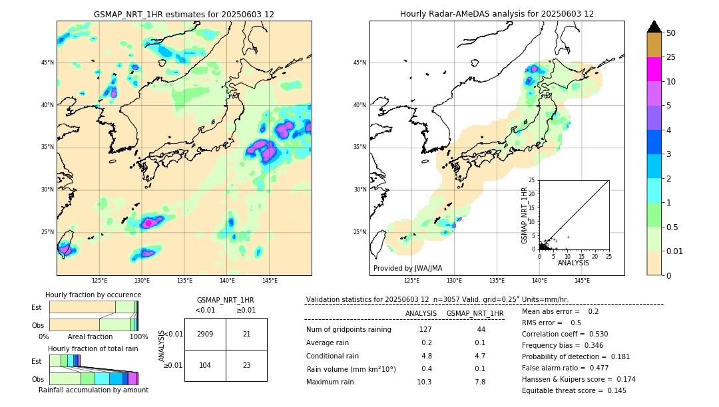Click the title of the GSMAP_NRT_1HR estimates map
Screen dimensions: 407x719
(x=184, y=14)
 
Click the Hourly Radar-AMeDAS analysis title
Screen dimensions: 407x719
(x=497, y=14)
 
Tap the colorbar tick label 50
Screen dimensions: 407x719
(x=671, y=33)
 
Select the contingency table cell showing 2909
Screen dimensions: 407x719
(x=205, y=334)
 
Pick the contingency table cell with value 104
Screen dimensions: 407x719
(x=205, y=365)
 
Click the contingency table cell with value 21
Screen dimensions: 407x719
(x=246, y=334)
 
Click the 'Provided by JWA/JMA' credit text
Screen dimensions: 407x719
(x=407, y=268)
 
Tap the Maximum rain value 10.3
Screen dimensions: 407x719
(x=424, y=382)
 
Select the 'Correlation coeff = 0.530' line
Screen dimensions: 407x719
(x=565, y=334)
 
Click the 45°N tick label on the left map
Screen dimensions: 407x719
(x=47, y=63)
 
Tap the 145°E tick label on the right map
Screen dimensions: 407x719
(x=582, y=280)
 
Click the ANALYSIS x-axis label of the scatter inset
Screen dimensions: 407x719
(x=573, y=263)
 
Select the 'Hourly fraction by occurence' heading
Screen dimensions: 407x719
(x=93, y=295)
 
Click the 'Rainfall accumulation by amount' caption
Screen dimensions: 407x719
(x=93, y=390)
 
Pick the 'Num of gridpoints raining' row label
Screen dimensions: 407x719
(x=349, y=330)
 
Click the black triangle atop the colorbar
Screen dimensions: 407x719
(x=654, y=27)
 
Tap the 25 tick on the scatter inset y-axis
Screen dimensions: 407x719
(x=532, y=180)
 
